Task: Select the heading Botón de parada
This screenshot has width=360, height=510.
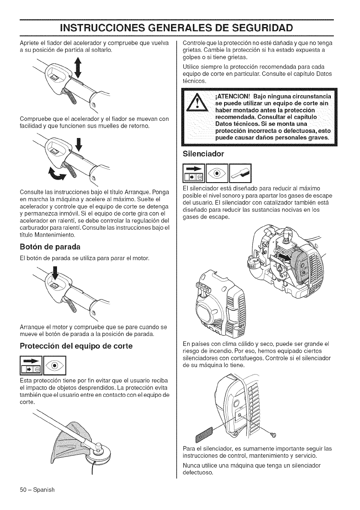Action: coord(50,247)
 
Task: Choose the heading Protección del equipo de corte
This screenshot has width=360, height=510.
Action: coord(76,346)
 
